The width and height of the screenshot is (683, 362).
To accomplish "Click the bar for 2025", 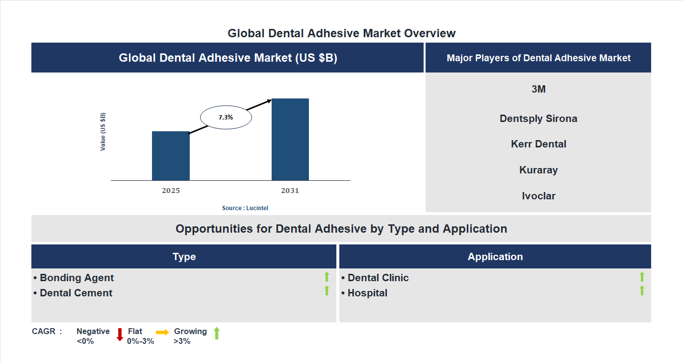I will tap(171, 156).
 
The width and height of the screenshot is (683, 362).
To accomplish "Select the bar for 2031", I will tap(290, 140).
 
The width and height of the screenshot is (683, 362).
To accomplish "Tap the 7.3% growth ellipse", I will tap(226, 118).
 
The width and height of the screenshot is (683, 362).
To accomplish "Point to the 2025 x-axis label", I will tap(171, 191).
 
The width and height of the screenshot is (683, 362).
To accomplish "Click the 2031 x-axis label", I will tap(290, 191).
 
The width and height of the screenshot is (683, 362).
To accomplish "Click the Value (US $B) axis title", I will tap(103, 132).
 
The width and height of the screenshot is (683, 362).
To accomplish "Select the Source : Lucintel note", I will tap(245, 208).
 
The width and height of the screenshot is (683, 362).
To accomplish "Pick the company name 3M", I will tap(538, 89).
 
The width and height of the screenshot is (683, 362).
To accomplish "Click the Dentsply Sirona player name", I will tap(538, 119).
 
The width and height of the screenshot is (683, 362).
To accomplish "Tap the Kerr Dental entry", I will tap(538, 144).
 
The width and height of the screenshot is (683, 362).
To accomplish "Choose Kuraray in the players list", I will tap(538, 170).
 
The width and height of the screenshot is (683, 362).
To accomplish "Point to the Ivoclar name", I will tap(538, 196).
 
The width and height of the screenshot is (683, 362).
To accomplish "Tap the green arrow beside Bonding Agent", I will tap(327, 277).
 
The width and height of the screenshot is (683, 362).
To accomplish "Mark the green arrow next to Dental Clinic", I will tap(642, 277).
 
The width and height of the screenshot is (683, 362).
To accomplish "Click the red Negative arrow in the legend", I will tap(120, 335).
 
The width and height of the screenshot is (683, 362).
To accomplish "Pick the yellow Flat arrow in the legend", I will tap(162, 332).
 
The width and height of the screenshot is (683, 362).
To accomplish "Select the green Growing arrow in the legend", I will tap(217, 334).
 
